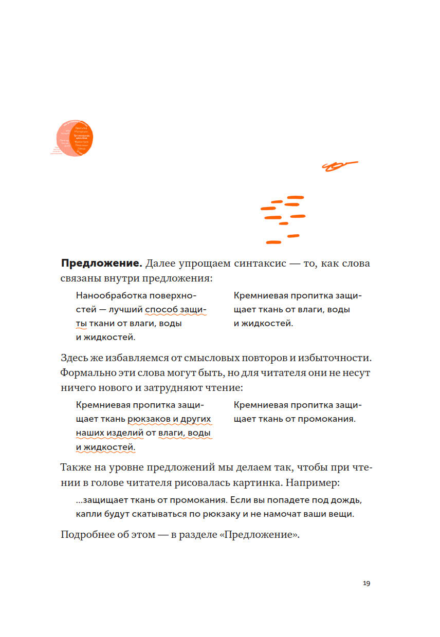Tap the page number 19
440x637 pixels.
[366, 583]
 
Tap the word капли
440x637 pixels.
[87, 514]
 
